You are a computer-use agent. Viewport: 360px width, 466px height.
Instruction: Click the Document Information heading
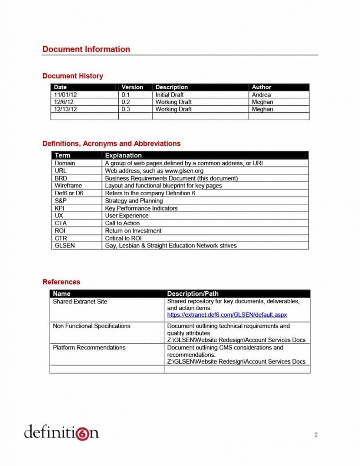pos(86,49)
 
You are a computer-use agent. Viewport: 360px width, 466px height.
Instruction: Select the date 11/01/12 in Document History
pos(66,95)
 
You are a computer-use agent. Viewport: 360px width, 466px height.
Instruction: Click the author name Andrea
pos(261,95)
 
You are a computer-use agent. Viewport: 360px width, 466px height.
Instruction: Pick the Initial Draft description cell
pos(169,95)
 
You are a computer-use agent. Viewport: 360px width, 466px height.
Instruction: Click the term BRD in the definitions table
pos(61,178)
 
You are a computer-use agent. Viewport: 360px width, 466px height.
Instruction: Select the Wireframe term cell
pos(68,186)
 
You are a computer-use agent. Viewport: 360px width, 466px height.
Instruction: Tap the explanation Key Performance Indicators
pos(141,208)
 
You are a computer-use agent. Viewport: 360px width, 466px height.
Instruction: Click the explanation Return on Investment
pos(133,231)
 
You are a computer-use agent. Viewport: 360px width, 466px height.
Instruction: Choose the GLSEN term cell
pos(65,246)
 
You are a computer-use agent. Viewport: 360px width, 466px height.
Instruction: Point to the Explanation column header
pos(123,155)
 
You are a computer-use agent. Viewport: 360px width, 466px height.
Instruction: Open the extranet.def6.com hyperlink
pos(227,315)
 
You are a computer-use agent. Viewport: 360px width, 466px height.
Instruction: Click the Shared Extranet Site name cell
pos(80,301)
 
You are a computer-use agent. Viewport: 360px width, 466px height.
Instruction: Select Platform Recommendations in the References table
pos(89,348)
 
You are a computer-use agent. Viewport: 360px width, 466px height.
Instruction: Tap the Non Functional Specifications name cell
pos(91,326)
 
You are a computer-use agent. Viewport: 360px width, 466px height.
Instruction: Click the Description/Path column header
pos(193,294)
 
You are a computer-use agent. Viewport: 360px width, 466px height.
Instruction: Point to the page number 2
pos(316,435)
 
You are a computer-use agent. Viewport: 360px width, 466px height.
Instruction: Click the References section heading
pos(61,282)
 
